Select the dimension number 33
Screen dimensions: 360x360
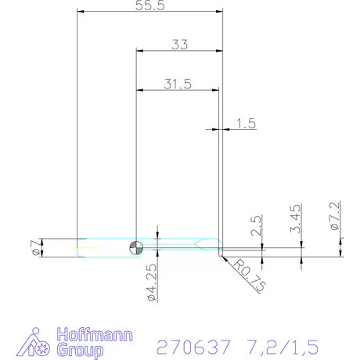tap(179, 45)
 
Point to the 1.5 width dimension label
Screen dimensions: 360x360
tap(246, 123)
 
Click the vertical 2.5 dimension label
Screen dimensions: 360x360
tap(257, 225)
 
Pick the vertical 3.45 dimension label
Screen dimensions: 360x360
tap(295, 218)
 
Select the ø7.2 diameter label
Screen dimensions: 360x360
tap(334, 216)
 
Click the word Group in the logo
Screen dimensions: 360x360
tap(80, 350)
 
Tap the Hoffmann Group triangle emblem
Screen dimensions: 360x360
tap(35, 342)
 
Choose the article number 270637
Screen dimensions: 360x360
tap(191, 345)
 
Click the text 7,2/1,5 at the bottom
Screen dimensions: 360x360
tap(282, 345)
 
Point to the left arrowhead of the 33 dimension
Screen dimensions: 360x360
tap(139, 51)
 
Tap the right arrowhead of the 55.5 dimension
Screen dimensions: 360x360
tap(220, 11)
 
